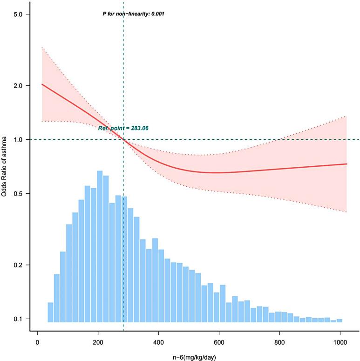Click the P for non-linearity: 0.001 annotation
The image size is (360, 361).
[x=133, y=14]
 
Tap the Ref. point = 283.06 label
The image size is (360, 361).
[x=123, y=128]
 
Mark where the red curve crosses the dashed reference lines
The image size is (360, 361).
[x=123, y=140]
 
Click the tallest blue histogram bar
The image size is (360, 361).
[x=100, y=246]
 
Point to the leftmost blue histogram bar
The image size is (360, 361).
[x=50, y=312]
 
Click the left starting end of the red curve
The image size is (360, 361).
[x=42, y=84]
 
